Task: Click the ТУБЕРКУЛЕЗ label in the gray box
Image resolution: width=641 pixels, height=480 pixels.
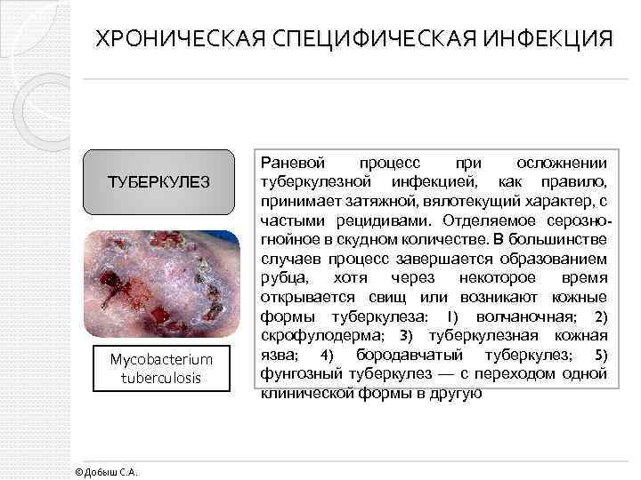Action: click(158, 182)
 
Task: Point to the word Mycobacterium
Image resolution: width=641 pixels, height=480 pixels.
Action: click(161, 360)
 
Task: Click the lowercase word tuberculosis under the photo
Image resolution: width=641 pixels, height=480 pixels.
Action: click(161, 378)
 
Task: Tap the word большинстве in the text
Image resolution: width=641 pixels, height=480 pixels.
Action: click(561, 240)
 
